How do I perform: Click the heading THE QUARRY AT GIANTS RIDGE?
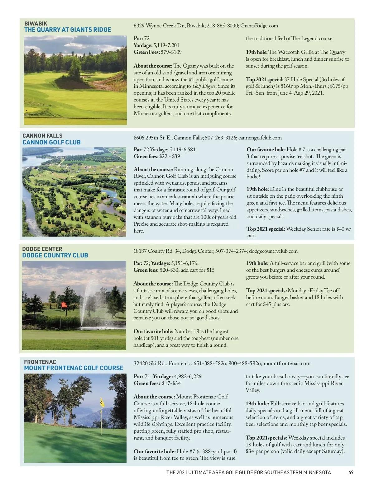point(68,30)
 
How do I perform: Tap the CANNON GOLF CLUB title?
point(51,142)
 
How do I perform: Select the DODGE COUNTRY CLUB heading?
point(55,255)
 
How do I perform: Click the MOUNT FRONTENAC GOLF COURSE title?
point(74,368)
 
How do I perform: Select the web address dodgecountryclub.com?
point(273,251)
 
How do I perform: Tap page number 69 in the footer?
point(351,472)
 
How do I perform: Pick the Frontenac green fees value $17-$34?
point(171,383)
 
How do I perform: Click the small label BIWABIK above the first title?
point(36,23)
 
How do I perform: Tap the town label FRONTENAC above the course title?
point(40,362)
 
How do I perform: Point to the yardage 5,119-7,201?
point(166,45)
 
